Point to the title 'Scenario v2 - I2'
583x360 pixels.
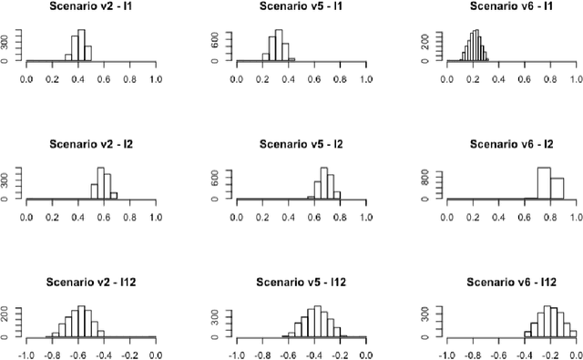coord(90,144)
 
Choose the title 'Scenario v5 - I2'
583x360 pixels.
coord(301,144)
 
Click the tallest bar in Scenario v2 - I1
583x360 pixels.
coord(81,46)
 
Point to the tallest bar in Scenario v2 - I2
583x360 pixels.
coord(100,183)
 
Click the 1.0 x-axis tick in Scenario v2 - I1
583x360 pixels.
coord(155,78)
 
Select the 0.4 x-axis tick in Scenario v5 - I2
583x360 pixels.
coord(288,217)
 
